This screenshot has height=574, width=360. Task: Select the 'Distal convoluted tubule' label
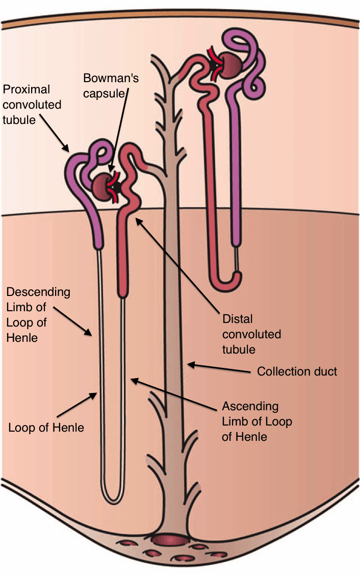(x=251, y=334)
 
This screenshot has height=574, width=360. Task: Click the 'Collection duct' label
(x=297, y=371)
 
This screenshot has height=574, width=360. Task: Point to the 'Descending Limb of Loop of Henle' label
(x=38, y=315)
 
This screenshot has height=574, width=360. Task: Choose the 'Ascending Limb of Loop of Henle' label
(x=257, y=421)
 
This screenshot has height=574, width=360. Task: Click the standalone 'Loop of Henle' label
(x=46, y=427)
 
